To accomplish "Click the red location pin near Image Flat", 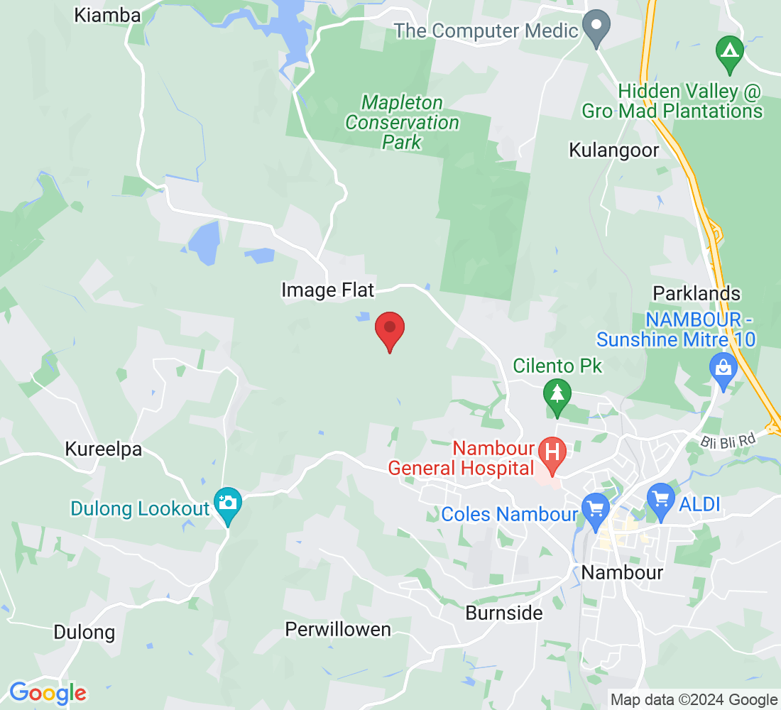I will pos(390,329).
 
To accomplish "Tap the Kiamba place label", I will pos(107,15).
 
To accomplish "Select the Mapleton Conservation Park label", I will pos(403,123).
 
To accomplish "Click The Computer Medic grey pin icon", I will pos(596,28).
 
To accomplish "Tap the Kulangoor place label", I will pos(614,151).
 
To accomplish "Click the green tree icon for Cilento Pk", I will pos(557,395).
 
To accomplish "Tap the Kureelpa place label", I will pos(104,449).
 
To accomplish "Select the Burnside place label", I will pos(504,613).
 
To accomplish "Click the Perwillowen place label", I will pos(338,630).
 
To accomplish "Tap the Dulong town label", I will pos(84,632).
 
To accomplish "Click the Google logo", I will pos(48,693).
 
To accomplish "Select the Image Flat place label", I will pos(327,290).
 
